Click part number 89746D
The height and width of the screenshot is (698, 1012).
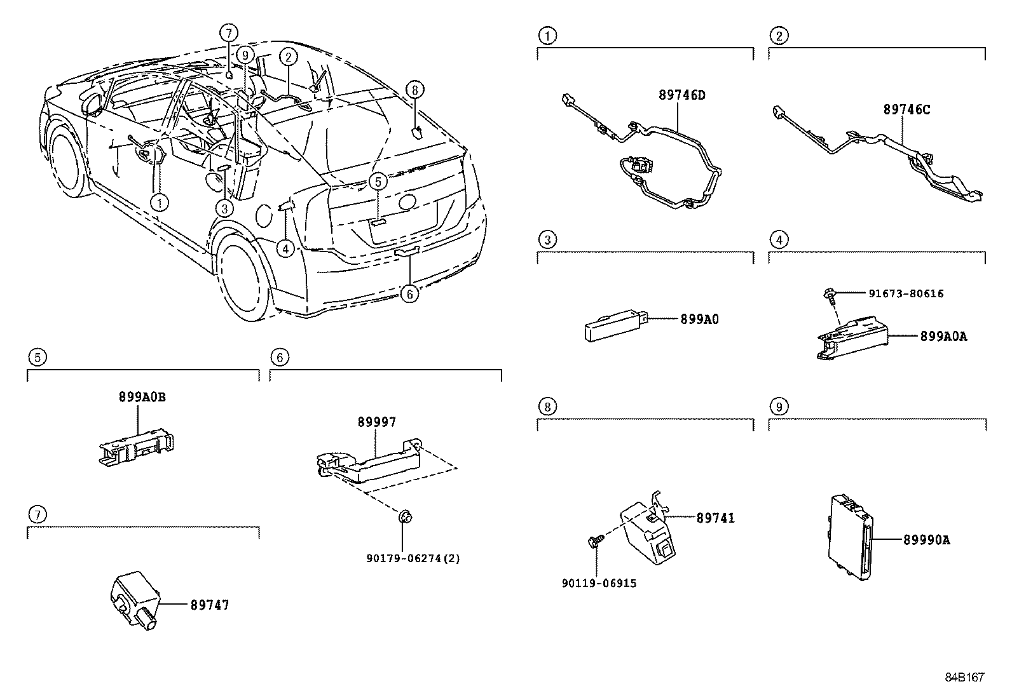[682, 96]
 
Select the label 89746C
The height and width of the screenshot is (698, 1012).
[906, 110]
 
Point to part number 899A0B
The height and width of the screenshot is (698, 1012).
[142, 397]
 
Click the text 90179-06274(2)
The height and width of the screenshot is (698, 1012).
[413, 558]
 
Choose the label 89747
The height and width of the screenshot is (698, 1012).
[209, 605]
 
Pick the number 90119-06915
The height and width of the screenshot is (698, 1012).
[599, 583]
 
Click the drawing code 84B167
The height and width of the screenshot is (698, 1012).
[964, 677]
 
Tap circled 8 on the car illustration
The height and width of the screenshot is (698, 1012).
[414, 90]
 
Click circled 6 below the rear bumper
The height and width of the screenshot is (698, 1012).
[410, 293]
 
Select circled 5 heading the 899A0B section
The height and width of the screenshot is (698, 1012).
[38, 357]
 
